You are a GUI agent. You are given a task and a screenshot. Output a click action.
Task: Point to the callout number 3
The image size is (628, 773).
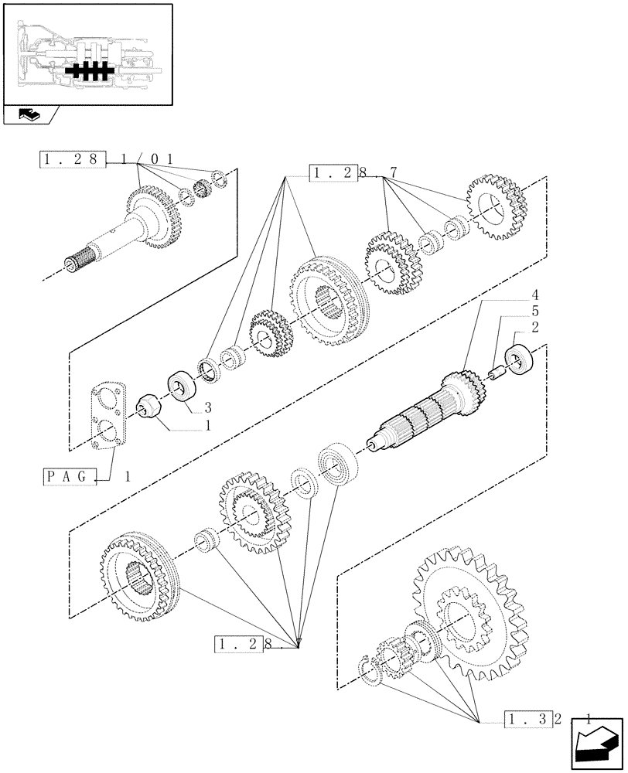pos(207,407)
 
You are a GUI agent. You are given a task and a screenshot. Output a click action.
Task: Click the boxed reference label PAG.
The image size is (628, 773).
pos(69,477)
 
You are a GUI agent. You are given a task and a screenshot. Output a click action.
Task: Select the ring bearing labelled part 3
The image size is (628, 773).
pos(183,386)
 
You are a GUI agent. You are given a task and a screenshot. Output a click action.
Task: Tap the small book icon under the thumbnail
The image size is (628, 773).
pos(28,115)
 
